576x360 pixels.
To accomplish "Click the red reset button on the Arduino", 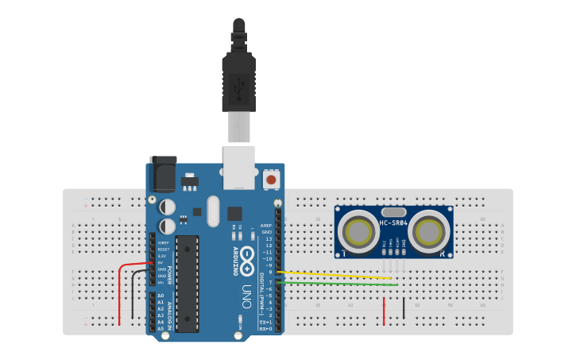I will click(272, 180).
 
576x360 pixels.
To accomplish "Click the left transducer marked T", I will click(358, 231).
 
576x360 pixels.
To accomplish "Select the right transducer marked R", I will click(430, 231).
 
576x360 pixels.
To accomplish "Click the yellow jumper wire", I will click(334, 275).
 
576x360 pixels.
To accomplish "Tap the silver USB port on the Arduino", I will click(238, 167).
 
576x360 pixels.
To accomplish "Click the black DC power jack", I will click(163, 173).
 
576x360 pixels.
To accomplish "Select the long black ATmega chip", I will click(187, 282).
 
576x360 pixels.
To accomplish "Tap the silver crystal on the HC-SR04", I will click(393, 211).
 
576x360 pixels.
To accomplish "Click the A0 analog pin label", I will click(160, 296).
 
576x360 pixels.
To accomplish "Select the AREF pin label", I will click(266, 226).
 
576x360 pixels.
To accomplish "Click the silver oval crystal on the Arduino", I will click(212, 211).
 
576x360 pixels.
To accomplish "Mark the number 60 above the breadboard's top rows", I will click(482, 219).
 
